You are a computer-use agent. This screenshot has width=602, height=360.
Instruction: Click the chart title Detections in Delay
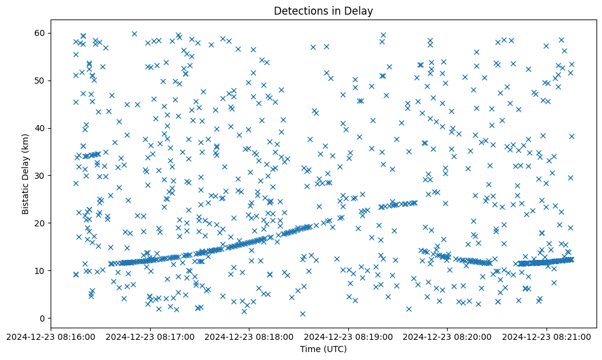click(x=323, y=11)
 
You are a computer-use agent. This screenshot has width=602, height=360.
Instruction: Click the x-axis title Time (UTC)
click(x=323, y=349)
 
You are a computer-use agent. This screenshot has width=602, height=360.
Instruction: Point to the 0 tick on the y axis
click(x=42, y=319)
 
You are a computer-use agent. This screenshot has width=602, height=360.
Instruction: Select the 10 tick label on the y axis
click(x=40, y=271)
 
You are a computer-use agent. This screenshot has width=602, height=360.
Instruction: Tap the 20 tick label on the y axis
click(x=40, y=223)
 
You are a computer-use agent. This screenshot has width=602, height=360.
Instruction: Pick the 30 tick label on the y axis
click(x=40, y=176)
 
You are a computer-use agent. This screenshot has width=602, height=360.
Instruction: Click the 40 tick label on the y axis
click(x=40, y=128)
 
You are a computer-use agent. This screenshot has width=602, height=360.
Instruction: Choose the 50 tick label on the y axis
click(x=40, y=81)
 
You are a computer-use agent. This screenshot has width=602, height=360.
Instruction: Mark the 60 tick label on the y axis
click(x=40, y=33)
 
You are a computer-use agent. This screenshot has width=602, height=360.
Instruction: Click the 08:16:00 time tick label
click(x=51, y=336)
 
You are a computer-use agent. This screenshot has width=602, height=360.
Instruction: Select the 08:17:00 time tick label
click(x=150, y=336)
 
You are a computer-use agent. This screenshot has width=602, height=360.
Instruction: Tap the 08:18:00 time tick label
click(x=249, y=336)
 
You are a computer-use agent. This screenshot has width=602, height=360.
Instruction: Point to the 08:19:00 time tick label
click(x=348, y=336)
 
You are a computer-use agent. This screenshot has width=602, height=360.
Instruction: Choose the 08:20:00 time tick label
click(x=447, y=336)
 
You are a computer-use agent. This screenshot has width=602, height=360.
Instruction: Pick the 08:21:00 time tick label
click(x=546, y=336)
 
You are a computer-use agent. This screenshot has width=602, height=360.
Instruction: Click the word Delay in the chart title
click(x=360, y=11)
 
